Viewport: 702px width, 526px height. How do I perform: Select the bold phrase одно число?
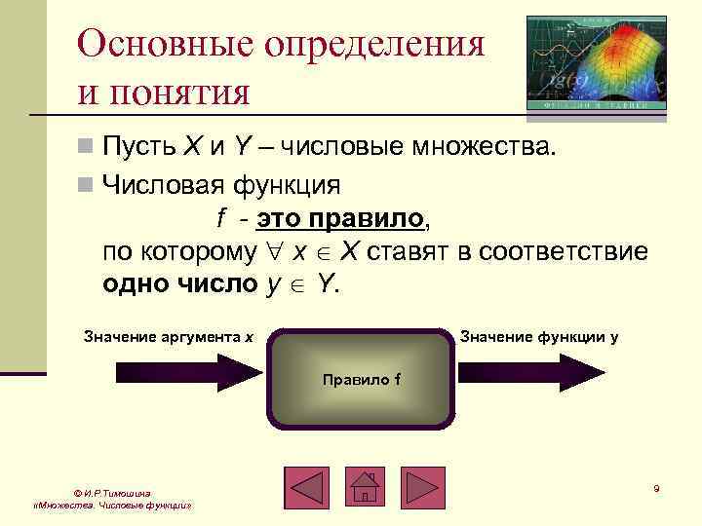tap(180, 285)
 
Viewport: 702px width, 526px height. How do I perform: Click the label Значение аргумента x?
tap(169, 337)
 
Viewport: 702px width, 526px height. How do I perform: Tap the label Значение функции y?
tap(538, 337)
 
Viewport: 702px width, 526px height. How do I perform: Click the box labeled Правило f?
tap(361, 380)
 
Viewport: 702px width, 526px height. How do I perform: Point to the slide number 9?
tap(656, 488)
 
